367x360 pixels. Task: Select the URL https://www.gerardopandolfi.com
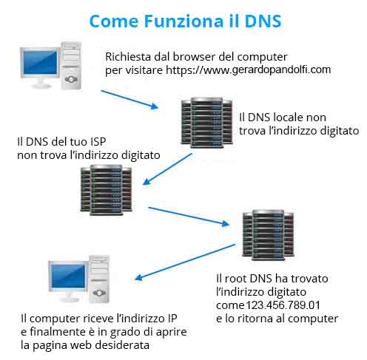pos(245,70)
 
